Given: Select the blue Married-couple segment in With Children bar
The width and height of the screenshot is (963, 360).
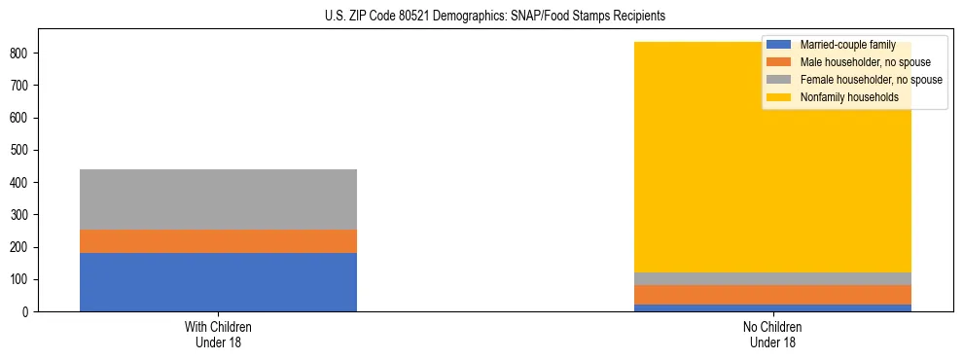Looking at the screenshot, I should point(218,282).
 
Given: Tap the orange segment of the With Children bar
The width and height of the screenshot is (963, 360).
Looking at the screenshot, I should point(218,241).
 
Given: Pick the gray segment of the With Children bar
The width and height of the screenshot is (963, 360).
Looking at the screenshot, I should point(218,199).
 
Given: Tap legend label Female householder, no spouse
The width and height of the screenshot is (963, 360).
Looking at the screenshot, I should point(871,80).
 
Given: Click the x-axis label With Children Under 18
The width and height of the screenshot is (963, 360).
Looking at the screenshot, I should point(218,334).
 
